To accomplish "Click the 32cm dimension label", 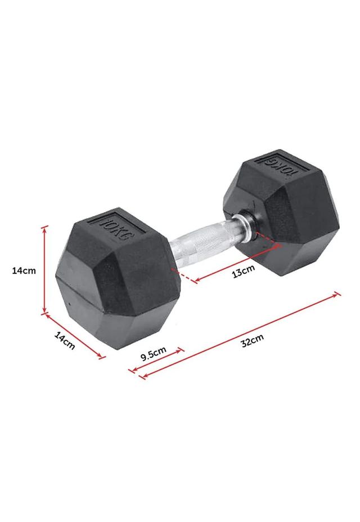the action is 253,340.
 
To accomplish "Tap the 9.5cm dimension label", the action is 153,354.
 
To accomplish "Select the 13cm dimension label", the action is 244,271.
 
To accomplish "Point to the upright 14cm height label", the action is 24,271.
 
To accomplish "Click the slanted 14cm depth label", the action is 65,341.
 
